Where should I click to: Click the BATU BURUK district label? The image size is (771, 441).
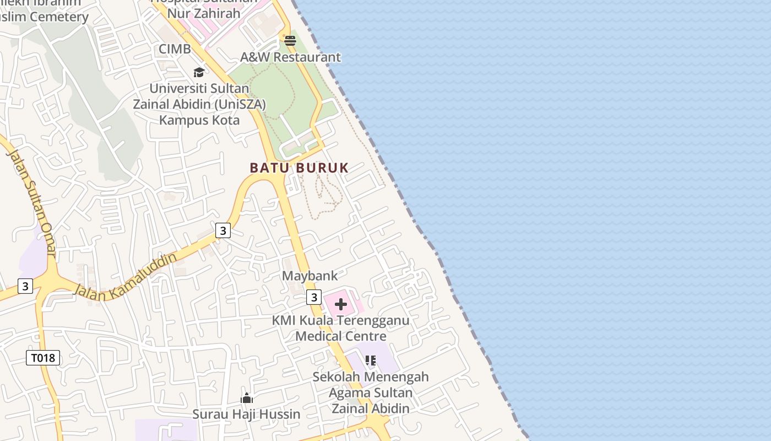pyautogui.click(x=299, y=168)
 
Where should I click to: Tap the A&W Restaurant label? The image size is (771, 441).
pyautogui.click(x=290, y=57)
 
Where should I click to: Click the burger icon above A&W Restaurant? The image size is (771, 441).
pyautogui.click(x=290, y=41)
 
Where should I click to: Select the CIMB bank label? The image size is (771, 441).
pyautogui.click(x=175, y=49)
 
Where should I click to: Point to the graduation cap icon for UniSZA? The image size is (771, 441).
pyautogui.click(x=199, y=72)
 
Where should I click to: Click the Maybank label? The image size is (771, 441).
pyautogui.click(x=310, y=276)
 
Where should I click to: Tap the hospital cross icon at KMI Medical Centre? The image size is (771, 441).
pyautogui.click(x=341, y=304)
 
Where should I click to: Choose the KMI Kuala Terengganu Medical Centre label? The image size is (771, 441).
pyautogui.click(x=341, y=328)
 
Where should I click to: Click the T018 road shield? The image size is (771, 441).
pyautogui.click(x=43, y=358)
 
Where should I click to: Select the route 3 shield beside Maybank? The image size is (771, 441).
pyautogui.click(x=313, y=297)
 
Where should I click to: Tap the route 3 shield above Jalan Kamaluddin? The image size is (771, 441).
pyautogui.click(x=222, y=230)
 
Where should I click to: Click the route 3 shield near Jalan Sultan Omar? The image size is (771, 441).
pyautogui.click(x=25, y=286)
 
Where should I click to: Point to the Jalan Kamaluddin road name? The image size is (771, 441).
pyautogui.click(x=126, y=277)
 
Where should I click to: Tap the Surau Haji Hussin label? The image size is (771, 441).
pyautogui.click(x=246, y=414)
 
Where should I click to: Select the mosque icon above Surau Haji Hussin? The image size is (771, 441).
pyautogui.click(x=247, y=398)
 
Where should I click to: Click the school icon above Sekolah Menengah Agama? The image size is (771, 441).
pyautogui.click(x=371, y=361)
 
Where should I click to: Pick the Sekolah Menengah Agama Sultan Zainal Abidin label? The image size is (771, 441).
pyautogui.click(x=371, y=392)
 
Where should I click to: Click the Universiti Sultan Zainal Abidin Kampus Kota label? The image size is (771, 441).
pyautogui.click(x=199, y=104)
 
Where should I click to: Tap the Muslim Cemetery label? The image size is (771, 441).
pyautogui.click(x=45, y=17)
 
